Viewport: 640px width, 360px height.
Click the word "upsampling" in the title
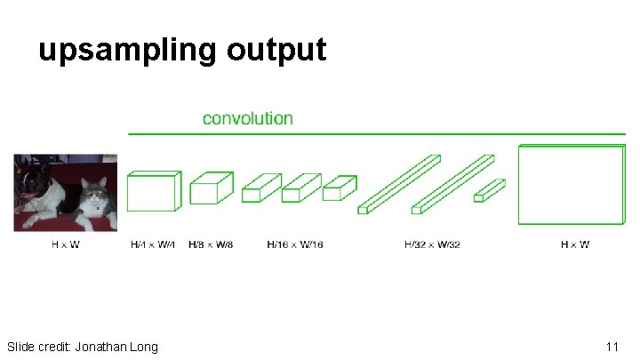pos(127,50)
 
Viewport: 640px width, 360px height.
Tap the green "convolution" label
pos(247,118)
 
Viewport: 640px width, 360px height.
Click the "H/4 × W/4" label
pos(154,244)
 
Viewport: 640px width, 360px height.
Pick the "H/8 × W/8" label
pos(211,244)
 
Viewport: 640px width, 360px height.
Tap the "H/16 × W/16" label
pos(295,244)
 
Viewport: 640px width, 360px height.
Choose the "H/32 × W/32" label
pos(432,244)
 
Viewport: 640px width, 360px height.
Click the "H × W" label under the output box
pos(574,244)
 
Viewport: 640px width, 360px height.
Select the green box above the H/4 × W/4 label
pos(153,191)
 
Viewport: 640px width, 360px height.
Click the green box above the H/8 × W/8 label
pos(211,188)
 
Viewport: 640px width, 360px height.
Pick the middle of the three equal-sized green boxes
pos(300,188)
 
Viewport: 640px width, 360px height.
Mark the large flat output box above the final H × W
pos(572,185)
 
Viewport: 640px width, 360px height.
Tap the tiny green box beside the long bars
pos(489,190)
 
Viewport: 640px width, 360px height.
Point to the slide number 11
pos(612,346)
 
